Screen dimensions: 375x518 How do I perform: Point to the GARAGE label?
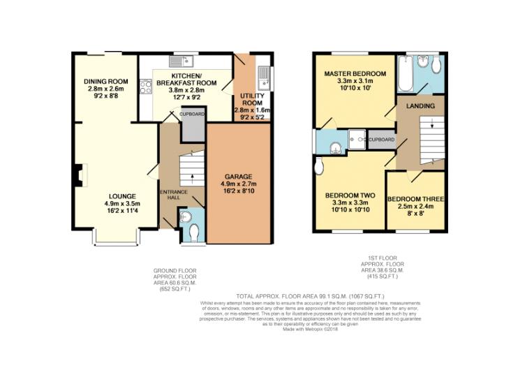pyautogui.click(x=238, y=177)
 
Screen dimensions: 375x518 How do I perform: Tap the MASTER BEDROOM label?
pyautogui.click(x=355, y=74)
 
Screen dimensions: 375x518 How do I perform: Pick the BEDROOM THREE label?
pyautogui.click(x=416, y=199)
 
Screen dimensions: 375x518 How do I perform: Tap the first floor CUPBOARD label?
pyautogui.click(x=381, y=140)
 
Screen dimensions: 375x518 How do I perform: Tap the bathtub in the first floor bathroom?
pyautogui.click(x=406, y=74)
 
